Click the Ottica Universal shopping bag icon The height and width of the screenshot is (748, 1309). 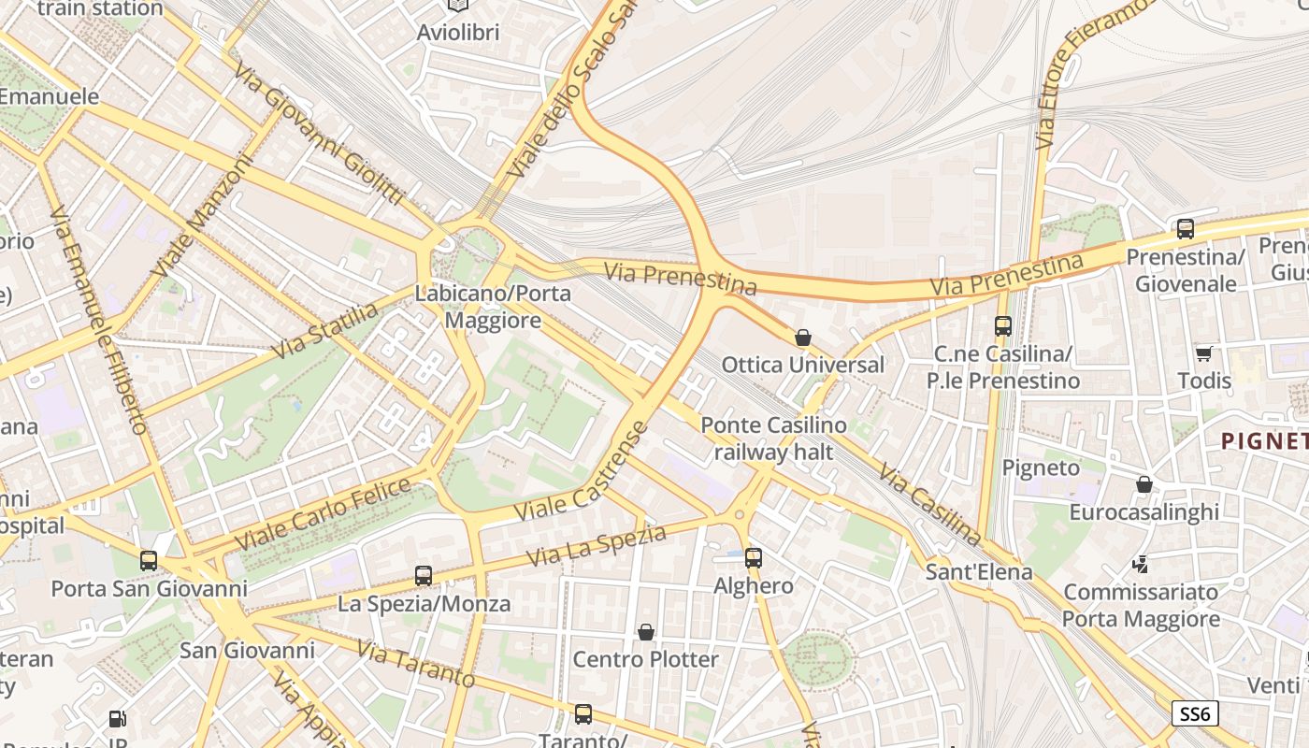tap(802, 338)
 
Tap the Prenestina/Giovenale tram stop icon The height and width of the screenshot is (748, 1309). tap(1185, 229)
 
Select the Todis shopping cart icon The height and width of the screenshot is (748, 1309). tap(1203, 353)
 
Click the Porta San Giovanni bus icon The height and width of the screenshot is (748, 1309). tap(149, 561)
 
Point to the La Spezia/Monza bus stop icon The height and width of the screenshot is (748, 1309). tap(424, 576)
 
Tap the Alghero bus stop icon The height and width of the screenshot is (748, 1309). tap(753, 558)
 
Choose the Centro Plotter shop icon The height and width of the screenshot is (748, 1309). tap(645, 633)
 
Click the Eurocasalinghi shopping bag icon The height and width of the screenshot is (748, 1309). tap(1144, 484)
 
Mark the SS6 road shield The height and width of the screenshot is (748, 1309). tap(1194, 714)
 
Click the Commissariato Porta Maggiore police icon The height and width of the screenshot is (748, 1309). tap(1140, 564)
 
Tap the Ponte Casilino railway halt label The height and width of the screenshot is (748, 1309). tap(773, 439)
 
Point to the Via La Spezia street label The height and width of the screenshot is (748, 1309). tap(596, 546)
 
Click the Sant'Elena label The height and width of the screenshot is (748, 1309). tap(979, 571)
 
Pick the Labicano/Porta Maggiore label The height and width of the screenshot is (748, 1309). tap(493, 307)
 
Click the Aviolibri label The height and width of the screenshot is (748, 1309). tap(458, 32)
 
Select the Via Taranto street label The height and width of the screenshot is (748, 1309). tap(415, 666)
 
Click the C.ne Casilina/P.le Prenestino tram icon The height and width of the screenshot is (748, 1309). tap(1003, 326)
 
